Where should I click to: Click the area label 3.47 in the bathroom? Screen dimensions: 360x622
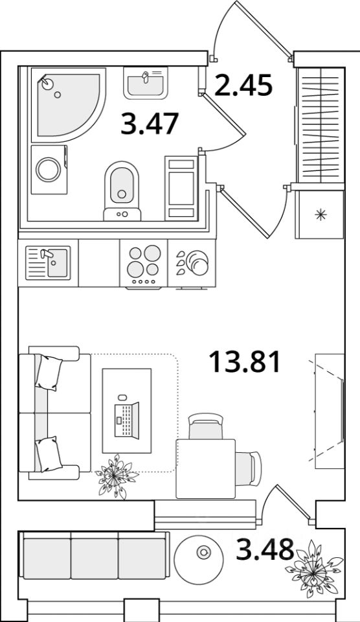coord(150,123)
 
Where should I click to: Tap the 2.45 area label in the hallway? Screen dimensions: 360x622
coord(243,86)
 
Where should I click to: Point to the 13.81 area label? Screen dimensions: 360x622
coord(245,362)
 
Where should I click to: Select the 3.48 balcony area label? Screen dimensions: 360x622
coord(265,549)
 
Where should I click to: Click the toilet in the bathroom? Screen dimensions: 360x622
coord(122,190)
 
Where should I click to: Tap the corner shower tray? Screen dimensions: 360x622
coord(68,105)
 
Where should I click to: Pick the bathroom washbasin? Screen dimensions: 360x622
coord(146,83)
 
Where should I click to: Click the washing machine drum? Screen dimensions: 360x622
coord(49,170)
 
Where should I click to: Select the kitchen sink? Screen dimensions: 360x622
coord(48,262)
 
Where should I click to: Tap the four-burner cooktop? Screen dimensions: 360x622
coord(144,264)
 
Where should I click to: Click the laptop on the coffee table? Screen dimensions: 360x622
coord(127,420)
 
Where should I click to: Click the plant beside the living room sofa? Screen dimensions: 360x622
coord(115,476)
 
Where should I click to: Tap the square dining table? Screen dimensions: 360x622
coord(206,468)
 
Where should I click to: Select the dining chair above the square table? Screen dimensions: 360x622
coord(206,426)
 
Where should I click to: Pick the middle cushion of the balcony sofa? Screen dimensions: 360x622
coord(95,555)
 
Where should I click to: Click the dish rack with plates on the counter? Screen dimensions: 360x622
coord(192,262)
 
